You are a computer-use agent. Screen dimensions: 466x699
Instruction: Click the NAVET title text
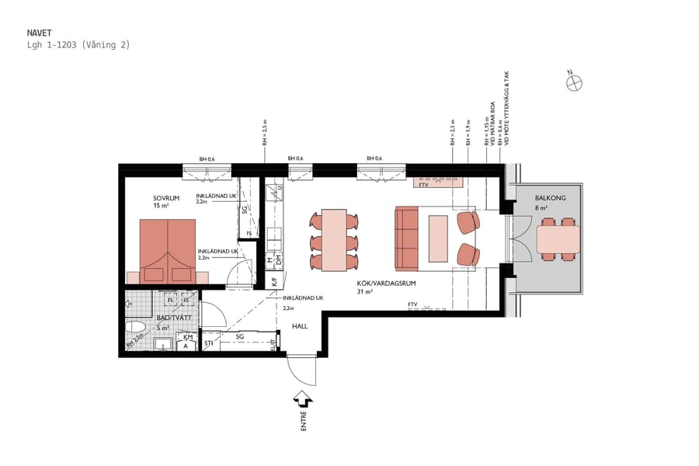39,33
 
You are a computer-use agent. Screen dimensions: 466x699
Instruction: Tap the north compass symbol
574,82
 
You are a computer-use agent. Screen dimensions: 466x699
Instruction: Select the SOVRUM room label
166,198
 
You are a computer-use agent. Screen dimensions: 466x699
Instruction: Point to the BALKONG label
549,199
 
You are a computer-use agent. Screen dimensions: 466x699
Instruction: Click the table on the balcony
558,239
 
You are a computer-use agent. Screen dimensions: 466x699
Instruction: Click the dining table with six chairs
335,239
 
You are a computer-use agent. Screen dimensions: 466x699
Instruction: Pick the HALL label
301,326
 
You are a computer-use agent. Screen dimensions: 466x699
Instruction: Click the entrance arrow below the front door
303,398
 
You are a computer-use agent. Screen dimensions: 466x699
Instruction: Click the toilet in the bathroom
137,329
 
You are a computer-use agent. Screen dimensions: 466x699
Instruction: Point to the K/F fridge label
275,283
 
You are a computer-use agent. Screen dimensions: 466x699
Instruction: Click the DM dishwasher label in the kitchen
279,259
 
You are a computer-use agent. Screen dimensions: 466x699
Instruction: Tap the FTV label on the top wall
424,184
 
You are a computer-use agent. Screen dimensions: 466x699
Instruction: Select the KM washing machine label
187,339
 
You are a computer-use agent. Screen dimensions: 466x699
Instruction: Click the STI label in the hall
208,343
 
